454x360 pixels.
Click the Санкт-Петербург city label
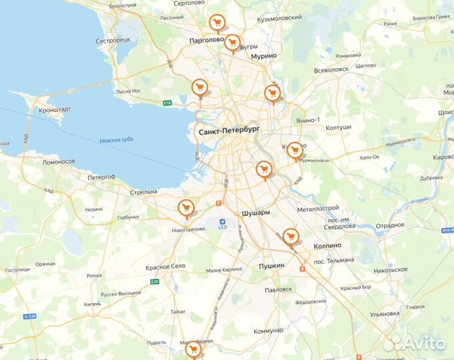pos(229,132)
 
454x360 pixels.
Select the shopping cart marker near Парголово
pos(215,23)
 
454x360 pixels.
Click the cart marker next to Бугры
pos(231,43)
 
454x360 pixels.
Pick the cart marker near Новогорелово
pos(187,207)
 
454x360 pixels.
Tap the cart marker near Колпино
pos(289,236)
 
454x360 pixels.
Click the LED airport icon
pos(223,221)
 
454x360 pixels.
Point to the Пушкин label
pos(271,266)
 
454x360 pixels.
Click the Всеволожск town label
pos(331,69)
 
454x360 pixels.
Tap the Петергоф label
pos(102,177)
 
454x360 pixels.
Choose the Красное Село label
pos(165,267)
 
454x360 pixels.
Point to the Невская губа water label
pos(116,141)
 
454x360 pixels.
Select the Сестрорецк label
pos(113,40)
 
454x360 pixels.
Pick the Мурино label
pos(263,57)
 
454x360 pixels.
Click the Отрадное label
pos(389,225)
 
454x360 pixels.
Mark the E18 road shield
pos(167,103)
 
